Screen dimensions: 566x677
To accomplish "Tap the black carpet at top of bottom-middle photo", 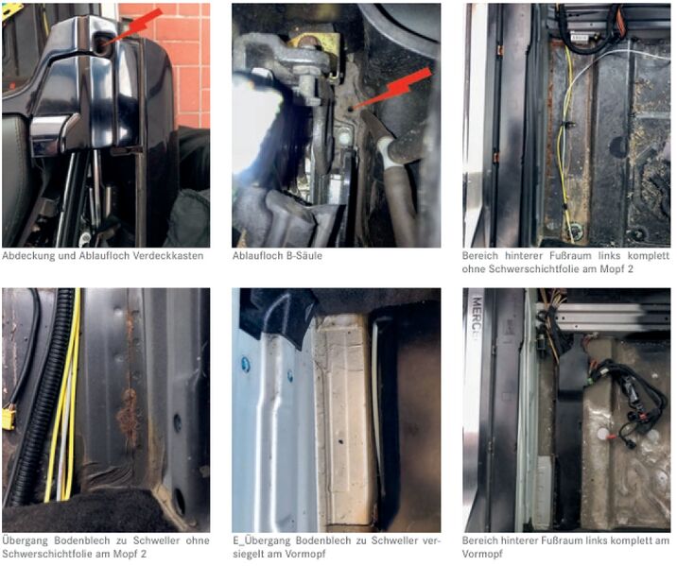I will click(284, 307).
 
